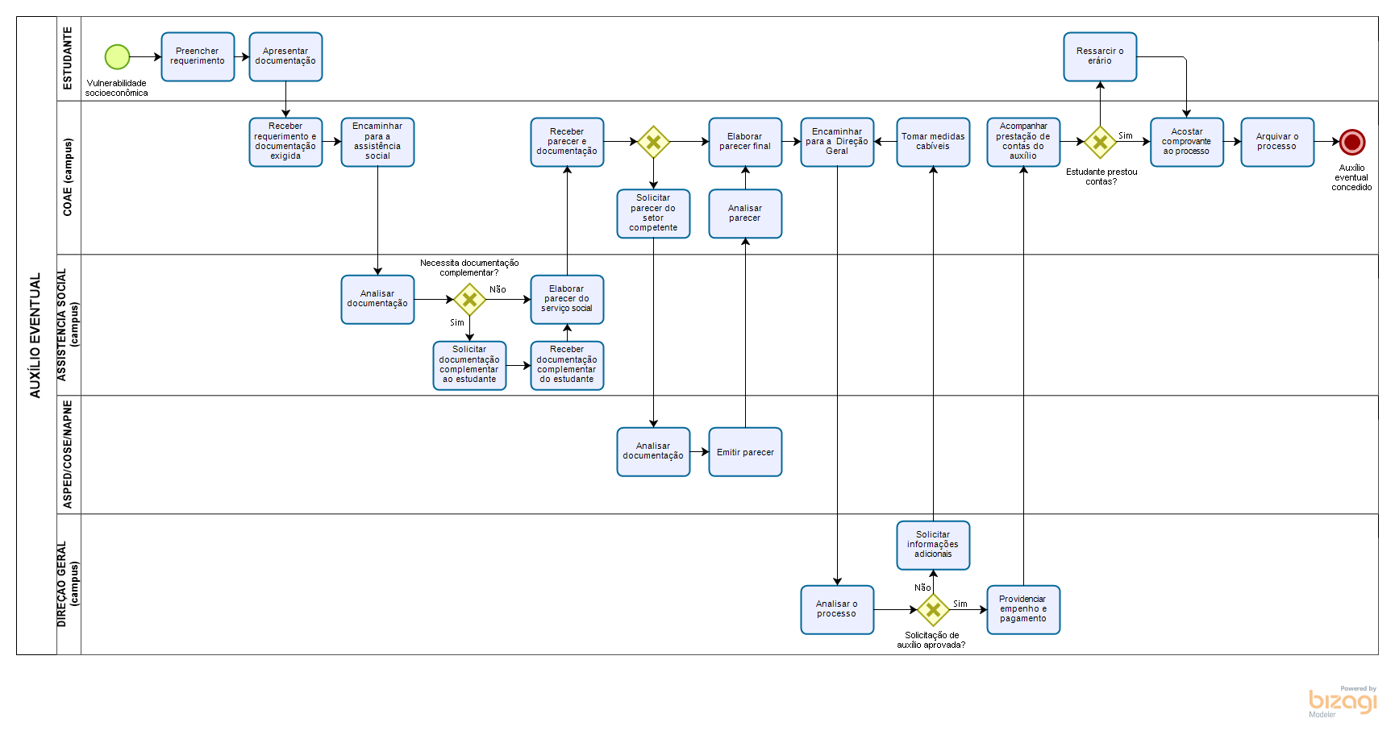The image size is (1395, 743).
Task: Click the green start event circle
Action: [117, 57]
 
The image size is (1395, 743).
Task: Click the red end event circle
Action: [1351, 142]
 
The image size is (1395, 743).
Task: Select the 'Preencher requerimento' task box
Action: [198, 57]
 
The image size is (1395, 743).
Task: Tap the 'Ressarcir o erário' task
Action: [1100, 57]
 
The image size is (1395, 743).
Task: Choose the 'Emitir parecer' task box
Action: [745, 452]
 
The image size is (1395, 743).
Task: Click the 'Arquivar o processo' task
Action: [1277, 143]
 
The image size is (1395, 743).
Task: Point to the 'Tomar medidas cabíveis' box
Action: [933, 143]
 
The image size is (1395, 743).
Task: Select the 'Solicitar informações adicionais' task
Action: [933, 545]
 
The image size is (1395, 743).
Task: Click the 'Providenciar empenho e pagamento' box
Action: [1023, 609]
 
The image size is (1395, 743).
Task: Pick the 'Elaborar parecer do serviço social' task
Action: [567, 299]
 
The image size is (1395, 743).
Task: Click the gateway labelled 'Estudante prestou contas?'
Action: [1100, 142]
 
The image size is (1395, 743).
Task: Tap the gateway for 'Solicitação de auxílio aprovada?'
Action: [933, 609]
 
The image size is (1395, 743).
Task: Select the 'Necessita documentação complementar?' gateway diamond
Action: [469, 300]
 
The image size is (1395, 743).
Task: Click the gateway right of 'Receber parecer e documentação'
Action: [653, 142]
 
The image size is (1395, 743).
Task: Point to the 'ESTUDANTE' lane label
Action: [69, 58]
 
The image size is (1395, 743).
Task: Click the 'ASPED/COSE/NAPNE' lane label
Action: [69, 455]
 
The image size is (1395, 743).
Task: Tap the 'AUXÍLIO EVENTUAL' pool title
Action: [35, 335]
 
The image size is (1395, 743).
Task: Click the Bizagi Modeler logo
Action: [1343, 701]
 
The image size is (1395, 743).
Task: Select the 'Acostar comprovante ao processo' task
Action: [1187, 143]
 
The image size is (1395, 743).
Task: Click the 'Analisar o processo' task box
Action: [837, 609]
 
